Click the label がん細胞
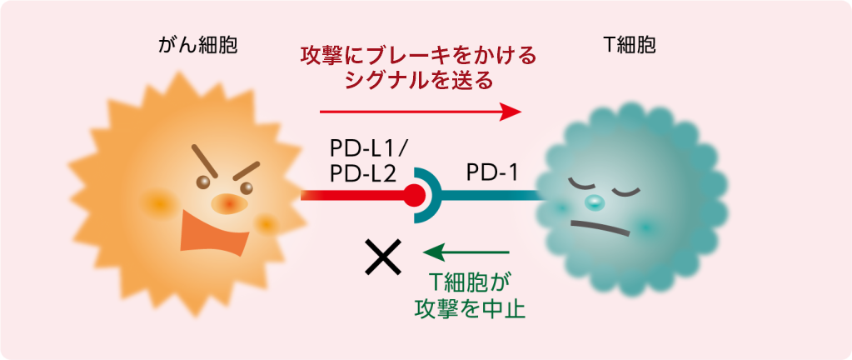click(x=198, y=46)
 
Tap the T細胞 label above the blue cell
click(x=630, y=46)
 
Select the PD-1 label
click(x=491, y=173)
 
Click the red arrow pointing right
click(x=421, y=112)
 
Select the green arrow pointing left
click(x=466, y=252)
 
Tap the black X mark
click(x=383, y=257)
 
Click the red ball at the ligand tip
click(x=415, y=195)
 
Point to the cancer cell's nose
click(x=229, y=204)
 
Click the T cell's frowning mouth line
click(x=600, y=227)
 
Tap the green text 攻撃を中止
click(x=470, y=309)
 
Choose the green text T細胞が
click(x=470, y=282)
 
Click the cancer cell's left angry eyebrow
click(x=204, y=161)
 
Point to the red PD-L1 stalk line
click(x=353, y=195)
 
